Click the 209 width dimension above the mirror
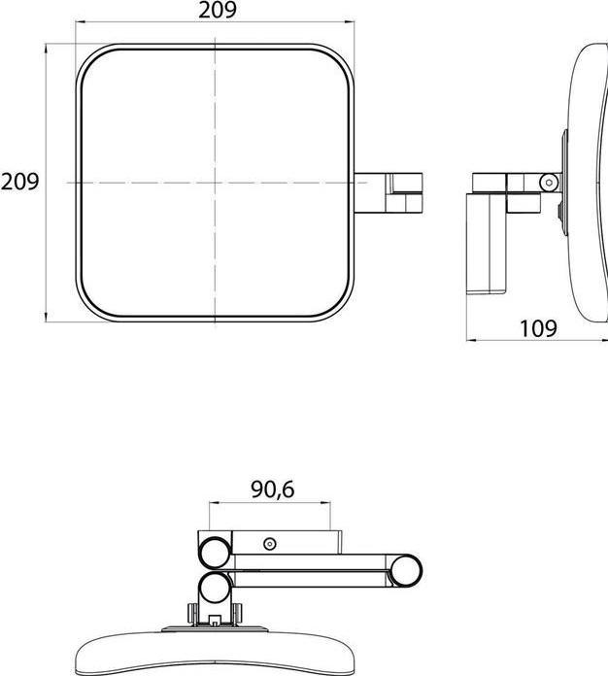pyautogui.click(x=218, y=11)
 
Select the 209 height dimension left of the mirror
pyautogui.click(x=19, y=182)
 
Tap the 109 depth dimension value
pyautogui.click(x=539, y=329)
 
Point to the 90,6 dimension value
pyautogui.click(x=273, y=490)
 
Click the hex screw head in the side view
pyautogui.click(x=549, y=183)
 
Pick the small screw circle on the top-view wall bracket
pyautogui.click(x=270, y=544)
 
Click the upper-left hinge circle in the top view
pyautogui.click(x=216, y=553)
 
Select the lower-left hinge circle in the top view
pyautogui.click(x=216, y=588)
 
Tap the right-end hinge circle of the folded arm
pyautogui.click(x=405, y=571)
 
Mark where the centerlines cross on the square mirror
pyautogui.click(x=216, y=183)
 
